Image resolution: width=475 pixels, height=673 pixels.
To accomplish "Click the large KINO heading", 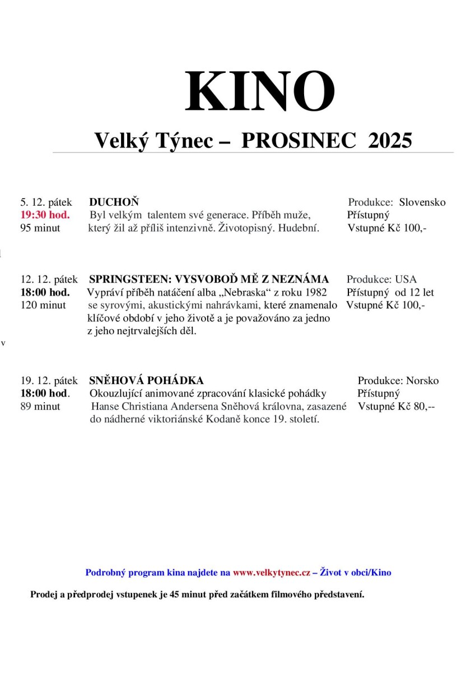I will [x=260, y=92].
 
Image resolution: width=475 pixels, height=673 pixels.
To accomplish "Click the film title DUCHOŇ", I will [x=114, y=202].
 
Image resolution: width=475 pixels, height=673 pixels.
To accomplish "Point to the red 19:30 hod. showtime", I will [x=45, y=215].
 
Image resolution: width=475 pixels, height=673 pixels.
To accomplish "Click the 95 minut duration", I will [x=40, y=228].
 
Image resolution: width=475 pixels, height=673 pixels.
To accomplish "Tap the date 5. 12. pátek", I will [x=46, y=202].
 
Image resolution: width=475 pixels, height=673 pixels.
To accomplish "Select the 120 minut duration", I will [x=43, y=305].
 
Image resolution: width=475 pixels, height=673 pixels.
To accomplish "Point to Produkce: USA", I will [x=381, y=279].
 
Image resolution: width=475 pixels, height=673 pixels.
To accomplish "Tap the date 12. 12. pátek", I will [x=49, y=279].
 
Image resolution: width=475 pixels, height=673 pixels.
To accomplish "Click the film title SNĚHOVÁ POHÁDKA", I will [x=146, y=381].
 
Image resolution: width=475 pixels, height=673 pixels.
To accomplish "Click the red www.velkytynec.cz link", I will [x=271, y=573].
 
